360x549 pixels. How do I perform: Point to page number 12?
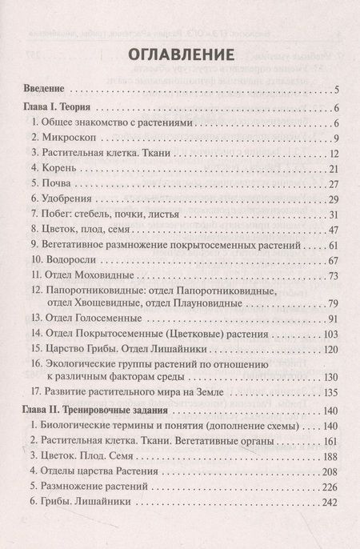335,153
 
